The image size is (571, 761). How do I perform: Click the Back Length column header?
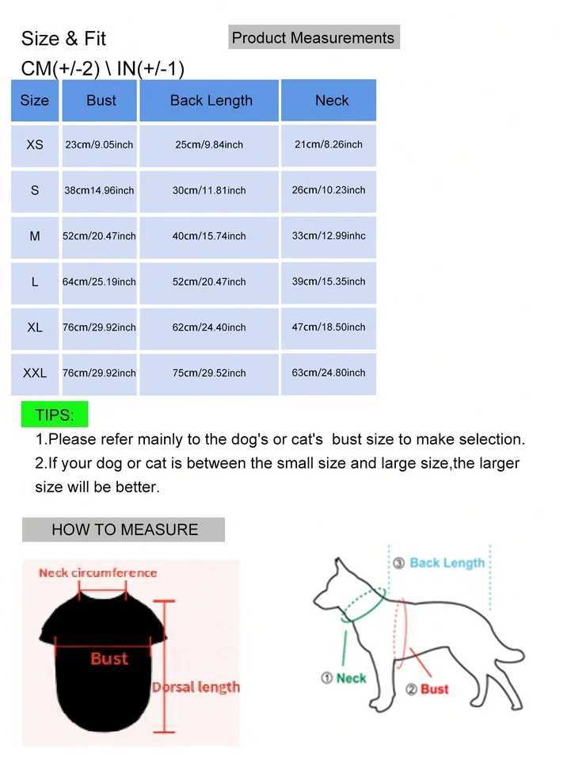coord(211,101)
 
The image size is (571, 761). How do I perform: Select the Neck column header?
coord(331,101)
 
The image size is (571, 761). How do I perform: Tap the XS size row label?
coord(35,145)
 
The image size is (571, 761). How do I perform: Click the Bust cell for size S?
coord(99,190)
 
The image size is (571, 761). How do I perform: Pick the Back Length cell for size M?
coord(209,236)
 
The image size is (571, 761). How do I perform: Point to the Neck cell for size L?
coord(329,281)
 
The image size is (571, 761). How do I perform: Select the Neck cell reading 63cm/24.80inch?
coord(329,373)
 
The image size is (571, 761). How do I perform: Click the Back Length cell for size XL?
coord(209,327)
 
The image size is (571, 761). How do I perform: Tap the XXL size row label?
coord(35,373)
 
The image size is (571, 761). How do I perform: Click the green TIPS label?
coord(55,415)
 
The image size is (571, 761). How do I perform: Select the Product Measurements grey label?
coord(313,38)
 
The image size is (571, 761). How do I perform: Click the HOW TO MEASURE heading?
coord(124,530)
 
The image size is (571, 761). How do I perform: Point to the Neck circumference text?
coord(98,572)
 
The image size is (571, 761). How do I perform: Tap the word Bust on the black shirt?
coord(108,659)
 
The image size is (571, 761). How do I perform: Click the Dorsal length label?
coord(196,687)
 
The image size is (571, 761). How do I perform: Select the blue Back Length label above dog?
coord(447,563)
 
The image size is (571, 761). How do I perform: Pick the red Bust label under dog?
coord(434,689)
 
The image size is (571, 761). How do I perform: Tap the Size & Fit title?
coord(63,39)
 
